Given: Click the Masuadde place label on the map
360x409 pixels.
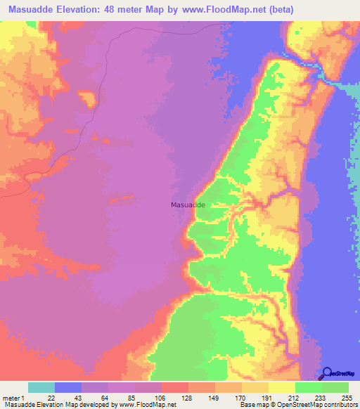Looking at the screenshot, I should click(188, 204).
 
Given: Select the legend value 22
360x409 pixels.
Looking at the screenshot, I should click(51, 397).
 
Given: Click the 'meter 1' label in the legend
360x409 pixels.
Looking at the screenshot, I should click(13, 397).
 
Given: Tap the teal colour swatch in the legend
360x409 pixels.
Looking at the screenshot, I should click(41, 387).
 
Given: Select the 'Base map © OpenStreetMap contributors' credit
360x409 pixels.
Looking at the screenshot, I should click(299, 405).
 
